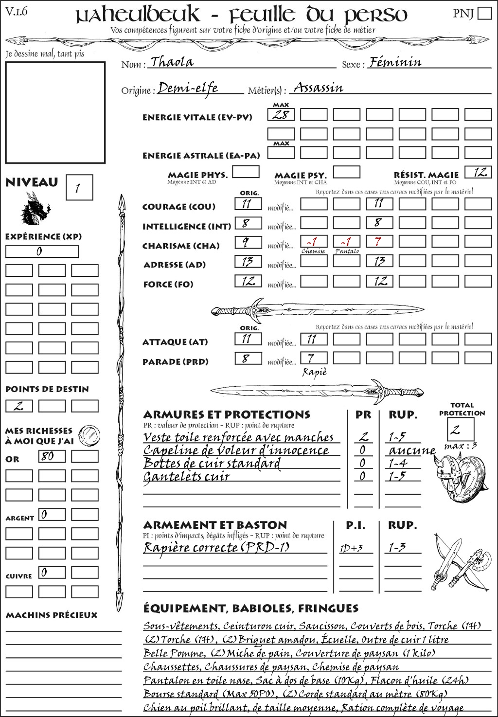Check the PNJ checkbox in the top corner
484,13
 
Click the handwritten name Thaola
172,62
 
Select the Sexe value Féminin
395,62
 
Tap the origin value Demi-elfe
188,88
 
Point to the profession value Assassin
319,88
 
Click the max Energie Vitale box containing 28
281,115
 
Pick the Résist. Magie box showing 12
478,172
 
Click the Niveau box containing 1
79,188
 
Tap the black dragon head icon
35,208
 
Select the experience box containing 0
42,251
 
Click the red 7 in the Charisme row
379,242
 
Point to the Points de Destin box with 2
19,406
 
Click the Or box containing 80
52,456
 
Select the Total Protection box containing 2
461,430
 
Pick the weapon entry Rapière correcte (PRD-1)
216,547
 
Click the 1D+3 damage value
351,549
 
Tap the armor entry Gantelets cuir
186,477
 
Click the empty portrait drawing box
55,112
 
